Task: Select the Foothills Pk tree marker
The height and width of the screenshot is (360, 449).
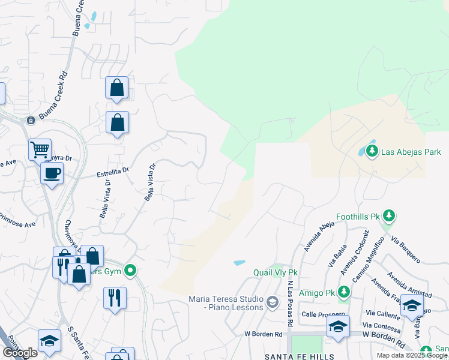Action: [389, 215]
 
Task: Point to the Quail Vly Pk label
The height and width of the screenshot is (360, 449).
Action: [276, 272]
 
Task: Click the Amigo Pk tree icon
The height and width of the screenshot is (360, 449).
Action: [343, 292]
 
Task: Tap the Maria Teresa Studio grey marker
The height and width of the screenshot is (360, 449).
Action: [272, 301]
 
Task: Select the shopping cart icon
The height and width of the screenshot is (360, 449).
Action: [40, 149]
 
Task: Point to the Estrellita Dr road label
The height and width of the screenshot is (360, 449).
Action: [113, 173]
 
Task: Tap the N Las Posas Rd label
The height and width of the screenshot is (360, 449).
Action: [290, 303]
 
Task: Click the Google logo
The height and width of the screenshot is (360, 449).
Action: [20, 353]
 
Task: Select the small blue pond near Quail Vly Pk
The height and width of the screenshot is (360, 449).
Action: [240, 263]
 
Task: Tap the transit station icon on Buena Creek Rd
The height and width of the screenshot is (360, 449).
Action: [29, 121]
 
